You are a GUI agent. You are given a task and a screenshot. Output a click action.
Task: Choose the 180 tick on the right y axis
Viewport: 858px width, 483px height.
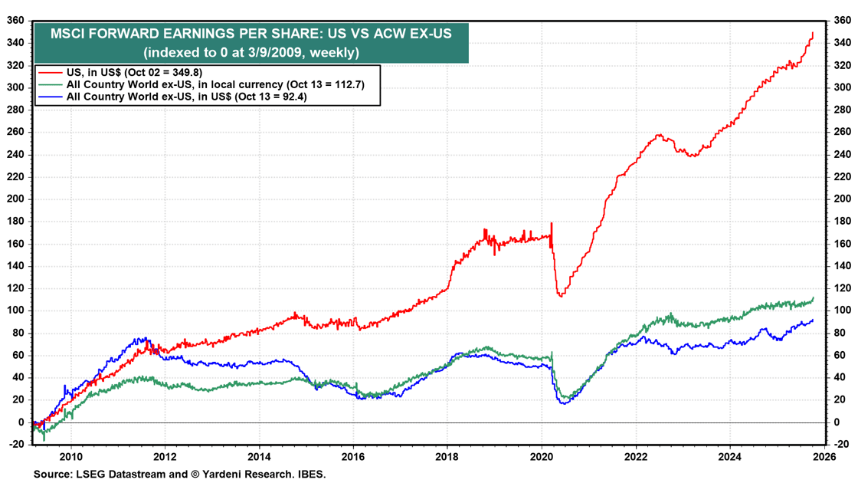841,222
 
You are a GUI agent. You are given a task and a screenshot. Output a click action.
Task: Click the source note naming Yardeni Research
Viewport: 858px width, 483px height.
180,475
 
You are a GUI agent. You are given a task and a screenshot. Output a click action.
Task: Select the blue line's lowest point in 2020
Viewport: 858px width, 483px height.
564,403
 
